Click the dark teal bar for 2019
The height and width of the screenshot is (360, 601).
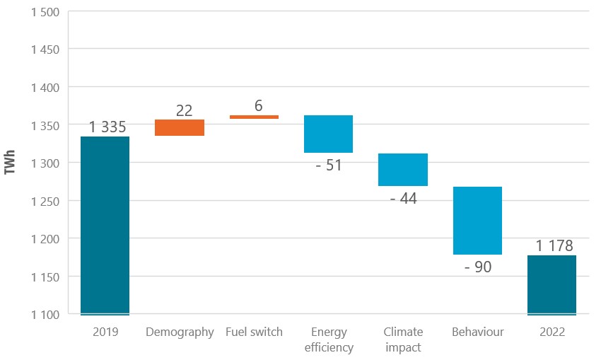pos(105,225)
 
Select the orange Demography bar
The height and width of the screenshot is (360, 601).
pos(180,127)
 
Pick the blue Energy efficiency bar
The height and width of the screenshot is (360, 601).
pos(328,134)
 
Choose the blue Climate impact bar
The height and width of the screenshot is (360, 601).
pos(403,170)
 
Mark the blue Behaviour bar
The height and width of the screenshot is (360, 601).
pos(477,220)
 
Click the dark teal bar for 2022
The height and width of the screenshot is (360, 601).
pos(552,284)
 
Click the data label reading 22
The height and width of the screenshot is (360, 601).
pos(184,110)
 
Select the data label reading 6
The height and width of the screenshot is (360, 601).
pos(258,106)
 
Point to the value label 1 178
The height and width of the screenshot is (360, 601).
pos(554,246)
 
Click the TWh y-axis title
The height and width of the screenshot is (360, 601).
pos(10,163)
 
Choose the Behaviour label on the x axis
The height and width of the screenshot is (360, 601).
pos(477,332)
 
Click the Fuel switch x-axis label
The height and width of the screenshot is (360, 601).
pos(254,332)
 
